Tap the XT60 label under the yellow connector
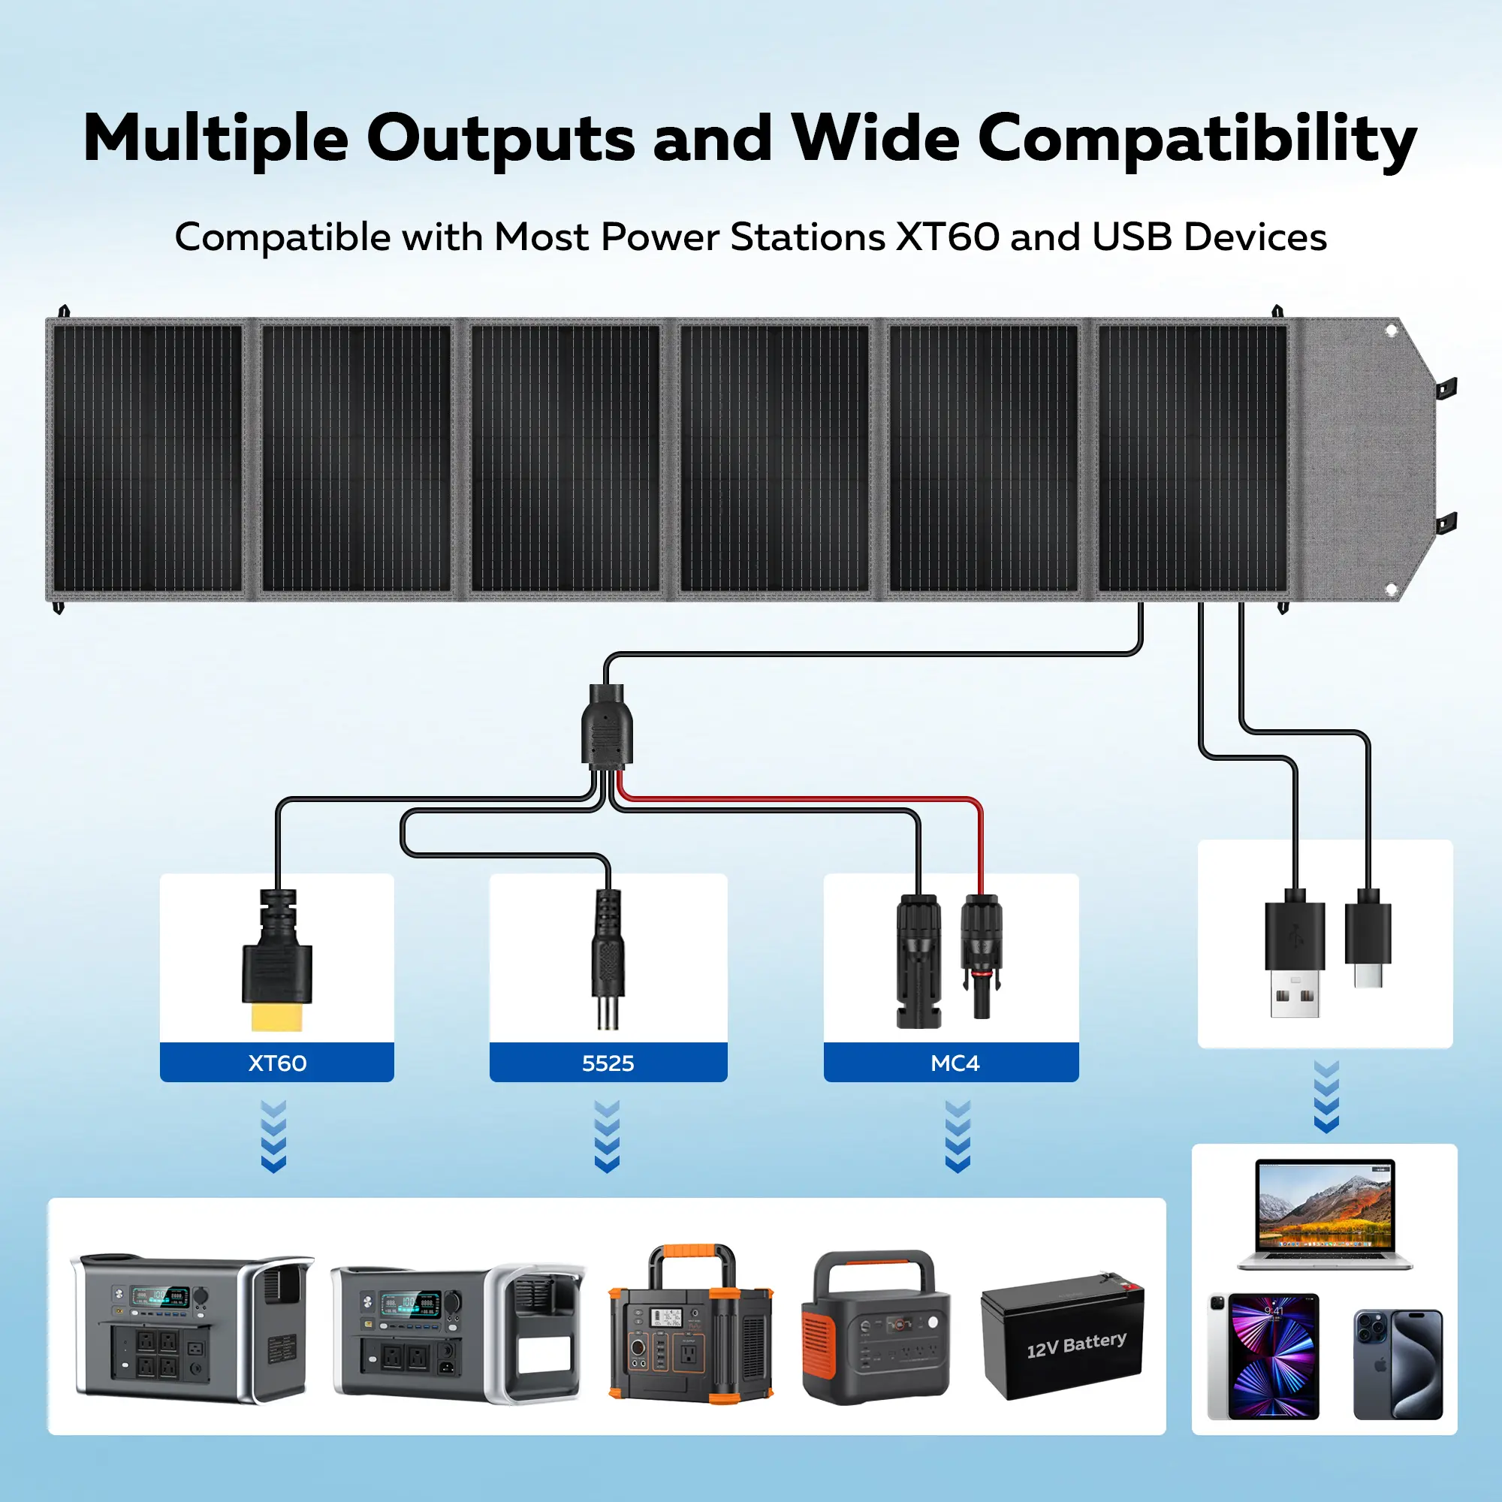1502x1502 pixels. point(277,1063)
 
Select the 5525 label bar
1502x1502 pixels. point(608,1063)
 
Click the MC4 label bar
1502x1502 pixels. point(955,1063)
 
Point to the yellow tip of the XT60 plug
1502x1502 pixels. point(277,1016)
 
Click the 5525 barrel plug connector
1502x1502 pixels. point(608,960)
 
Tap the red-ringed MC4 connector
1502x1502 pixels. point(981,956)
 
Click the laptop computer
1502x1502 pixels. point(1325,1214)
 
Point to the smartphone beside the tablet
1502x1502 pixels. point(1398,1365)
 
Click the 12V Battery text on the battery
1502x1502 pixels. point(1076,1344)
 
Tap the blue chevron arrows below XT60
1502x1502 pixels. point(273,1136)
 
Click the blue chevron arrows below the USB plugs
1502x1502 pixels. point(1326,1096)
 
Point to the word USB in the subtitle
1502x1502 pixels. point(1132,237)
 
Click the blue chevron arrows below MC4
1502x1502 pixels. point(958,1136)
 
